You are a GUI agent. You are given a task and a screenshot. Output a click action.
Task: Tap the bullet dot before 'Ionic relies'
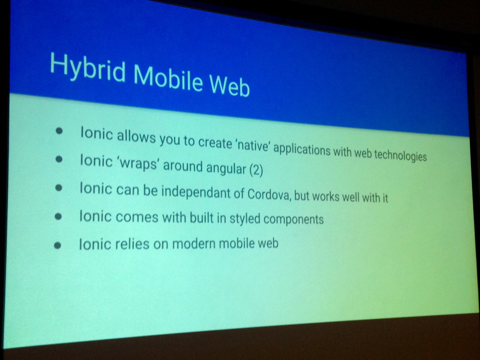coord(57,245)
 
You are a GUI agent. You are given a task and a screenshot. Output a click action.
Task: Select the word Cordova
coord(266,196)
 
